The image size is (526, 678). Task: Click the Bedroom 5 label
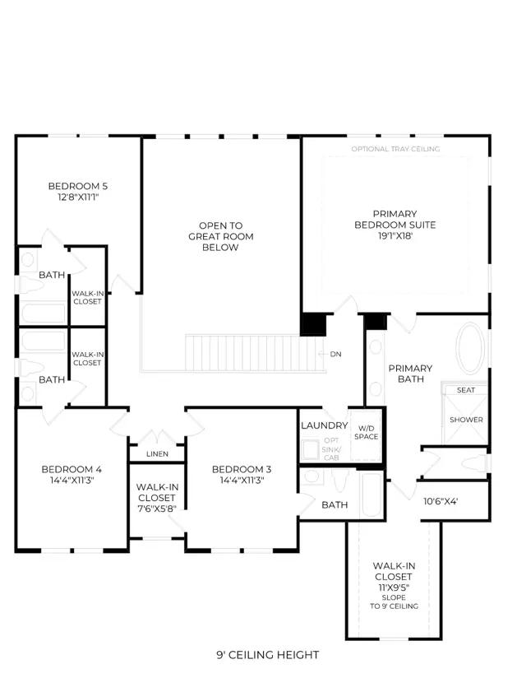(x=78, y=186)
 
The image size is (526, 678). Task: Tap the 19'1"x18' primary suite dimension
(x=394, y=236)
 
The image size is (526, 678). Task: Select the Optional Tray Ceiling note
(x=395, y=149)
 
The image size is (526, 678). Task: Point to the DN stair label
(x=335, y=354)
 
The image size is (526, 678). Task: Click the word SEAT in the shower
(x=466, y=390)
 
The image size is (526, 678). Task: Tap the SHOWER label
(x=466, y=420)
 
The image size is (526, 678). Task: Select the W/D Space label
(x=367, y=433)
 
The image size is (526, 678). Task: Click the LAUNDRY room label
(x=325, y=425)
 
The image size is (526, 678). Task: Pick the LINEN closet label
(x=157, y=454)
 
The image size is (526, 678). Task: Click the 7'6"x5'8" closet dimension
(x=157, y=509)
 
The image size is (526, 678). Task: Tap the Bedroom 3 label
(x=242, y=469)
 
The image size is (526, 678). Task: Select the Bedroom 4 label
(x=72, y=469)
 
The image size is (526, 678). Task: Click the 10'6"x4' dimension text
(x=441, y=502)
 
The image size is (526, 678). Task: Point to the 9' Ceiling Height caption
(x=268, y=655)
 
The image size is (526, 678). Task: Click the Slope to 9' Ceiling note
(x=394, y=602)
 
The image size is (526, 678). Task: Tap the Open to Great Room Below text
(x=221, y=236)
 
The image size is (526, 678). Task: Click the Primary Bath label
(x=411, y=374)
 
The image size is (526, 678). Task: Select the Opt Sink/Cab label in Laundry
(x=331, y=448)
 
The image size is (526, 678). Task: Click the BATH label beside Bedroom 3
(x=335, y=504)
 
